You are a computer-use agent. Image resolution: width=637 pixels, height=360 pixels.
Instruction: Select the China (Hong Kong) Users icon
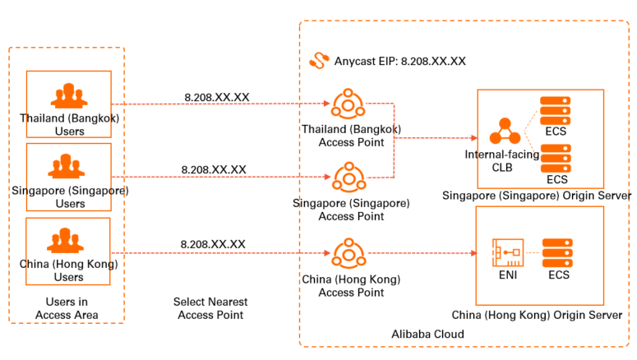pyautogui.click(x=68, y=240)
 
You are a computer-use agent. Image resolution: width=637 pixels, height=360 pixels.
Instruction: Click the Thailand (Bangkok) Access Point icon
pyautogui.click(x=349, y=104)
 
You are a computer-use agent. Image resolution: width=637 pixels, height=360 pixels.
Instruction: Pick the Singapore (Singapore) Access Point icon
pyautogui.click(x=349, y=177)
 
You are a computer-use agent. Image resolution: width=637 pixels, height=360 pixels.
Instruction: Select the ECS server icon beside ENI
pyautogui.click(x=558, y=252)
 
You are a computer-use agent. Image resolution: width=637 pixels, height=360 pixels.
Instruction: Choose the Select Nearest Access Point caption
pyautogui.click(x=210, y=308)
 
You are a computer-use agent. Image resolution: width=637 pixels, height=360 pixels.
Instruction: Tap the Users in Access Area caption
pyautogui.click(x=67, y=308)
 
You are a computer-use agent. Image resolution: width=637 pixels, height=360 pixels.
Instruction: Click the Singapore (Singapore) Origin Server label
pyautogui.click(x=536, y=196)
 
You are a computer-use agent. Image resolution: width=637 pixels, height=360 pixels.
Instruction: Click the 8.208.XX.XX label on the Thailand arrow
pyautogui.click(x=216, y=97)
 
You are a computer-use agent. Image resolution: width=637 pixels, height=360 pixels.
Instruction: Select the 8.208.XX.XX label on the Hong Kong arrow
pyautogui.click(x=213, y=244)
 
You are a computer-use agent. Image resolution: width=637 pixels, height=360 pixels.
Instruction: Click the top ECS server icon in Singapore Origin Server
pyautogui.click(x=556, y=111)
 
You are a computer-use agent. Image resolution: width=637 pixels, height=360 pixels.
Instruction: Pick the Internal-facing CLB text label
pyautogui.click(x=501, y=160)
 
